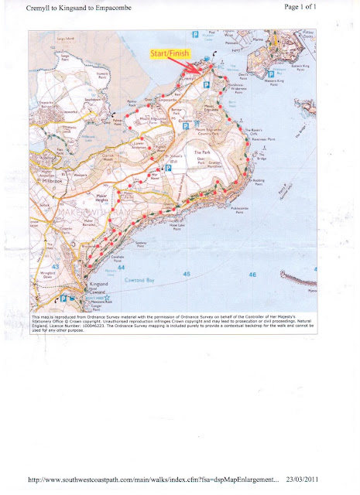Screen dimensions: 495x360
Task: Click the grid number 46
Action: (x=252, y=274)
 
